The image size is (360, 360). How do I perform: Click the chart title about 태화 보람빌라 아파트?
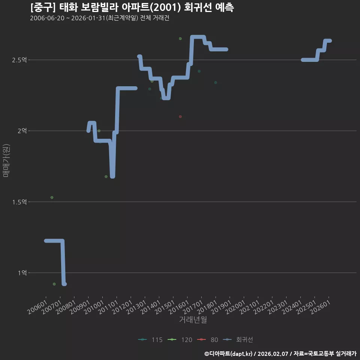click(x=132, y=7)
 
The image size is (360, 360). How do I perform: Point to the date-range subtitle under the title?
click(x=100, y=18)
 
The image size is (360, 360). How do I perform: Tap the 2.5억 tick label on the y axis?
click(x=19, y=60)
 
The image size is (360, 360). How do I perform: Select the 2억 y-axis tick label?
click(x=22, y=131)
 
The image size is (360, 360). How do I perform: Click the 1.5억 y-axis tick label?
click(x=19, y=202)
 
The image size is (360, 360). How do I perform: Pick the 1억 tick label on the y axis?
click(x=22, y=273)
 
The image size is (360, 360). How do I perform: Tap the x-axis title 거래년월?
click(x=193, y=319)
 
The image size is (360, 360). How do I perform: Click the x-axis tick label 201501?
click(x=165, y=307)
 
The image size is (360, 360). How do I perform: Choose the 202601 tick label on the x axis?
click(x=320, y=307)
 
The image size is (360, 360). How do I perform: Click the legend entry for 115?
click(x=150, y=340)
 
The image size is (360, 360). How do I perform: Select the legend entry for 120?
click(x=180, y=340)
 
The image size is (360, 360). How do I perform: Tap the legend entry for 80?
click(x=207, y=340)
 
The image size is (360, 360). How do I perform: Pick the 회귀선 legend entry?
click(x=238, y=340)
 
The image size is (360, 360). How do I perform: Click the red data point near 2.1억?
click(x=180, y=117)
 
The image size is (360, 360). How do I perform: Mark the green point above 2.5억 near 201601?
click(x=180, y=39)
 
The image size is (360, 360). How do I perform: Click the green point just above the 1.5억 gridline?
click(x=52, y=198)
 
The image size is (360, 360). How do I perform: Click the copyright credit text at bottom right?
click(x=280, y=354)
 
